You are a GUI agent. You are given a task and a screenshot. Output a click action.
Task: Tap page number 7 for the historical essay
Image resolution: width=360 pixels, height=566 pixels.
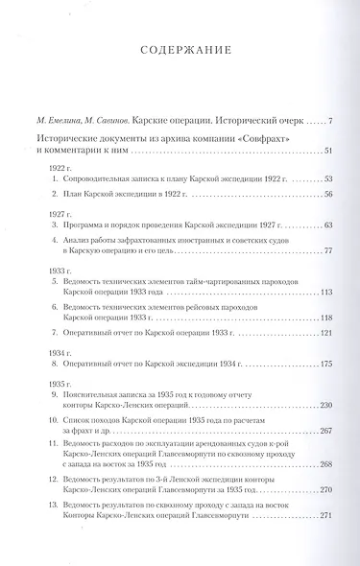(329, 120)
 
